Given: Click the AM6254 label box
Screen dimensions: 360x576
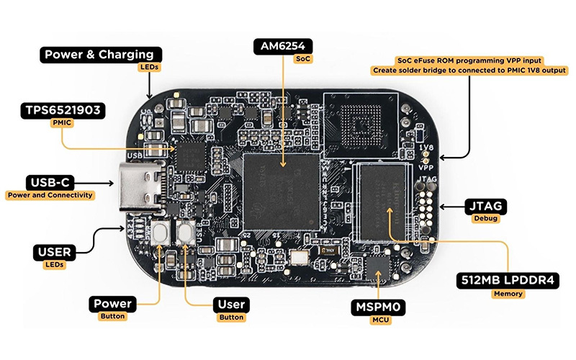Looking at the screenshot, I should pyautogui.click(x=283, y=47).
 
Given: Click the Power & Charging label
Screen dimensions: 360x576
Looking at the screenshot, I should pyautogui.click(x=99, y=54).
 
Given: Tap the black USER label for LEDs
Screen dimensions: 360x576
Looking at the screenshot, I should pyautogui.click(x=53, y=252).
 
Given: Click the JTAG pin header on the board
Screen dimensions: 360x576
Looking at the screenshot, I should pyautogui.click(x=427, y=205).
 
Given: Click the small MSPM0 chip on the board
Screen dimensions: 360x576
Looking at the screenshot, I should pyautogui.click(x=377, y=270).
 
